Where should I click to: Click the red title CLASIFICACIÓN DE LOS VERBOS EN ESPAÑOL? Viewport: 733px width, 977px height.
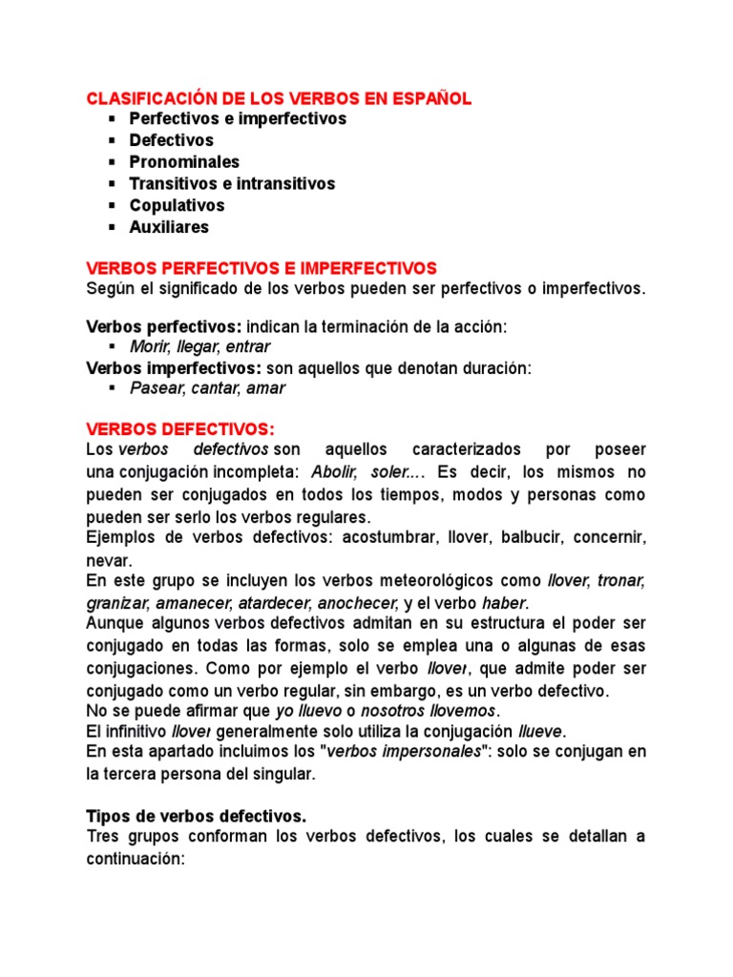pos(279,98)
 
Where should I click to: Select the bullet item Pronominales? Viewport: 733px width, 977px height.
pos(184,161)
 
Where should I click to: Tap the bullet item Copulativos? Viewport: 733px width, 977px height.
pos(177,205)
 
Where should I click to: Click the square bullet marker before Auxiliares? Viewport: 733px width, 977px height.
pos(111,227)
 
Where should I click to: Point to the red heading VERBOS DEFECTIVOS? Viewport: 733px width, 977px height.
pos(179,428)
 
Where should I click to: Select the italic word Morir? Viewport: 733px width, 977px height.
pos(150,347)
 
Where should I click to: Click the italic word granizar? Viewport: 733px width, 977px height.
pos(116,603)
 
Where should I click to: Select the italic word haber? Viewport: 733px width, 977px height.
pos(504,603)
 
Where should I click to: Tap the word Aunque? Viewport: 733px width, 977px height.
pos(115,624)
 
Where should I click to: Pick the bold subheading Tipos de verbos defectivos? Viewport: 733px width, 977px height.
pos(197,816)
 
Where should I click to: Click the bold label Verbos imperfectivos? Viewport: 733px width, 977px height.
pos(174,367)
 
